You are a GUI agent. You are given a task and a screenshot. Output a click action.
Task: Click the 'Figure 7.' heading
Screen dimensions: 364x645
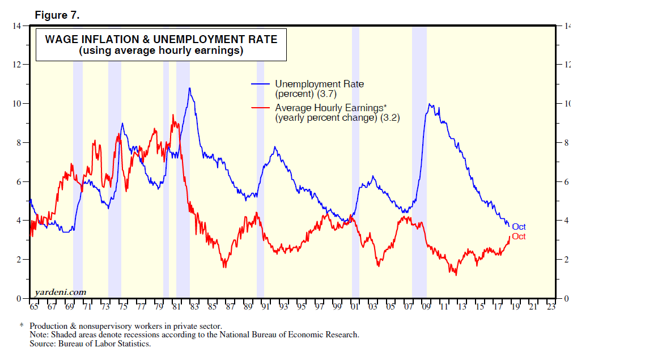[x=57, y=15]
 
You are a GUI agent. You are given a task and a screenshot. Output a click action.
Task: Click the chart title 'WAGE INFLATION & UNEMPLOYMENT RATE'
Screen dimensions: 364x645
[x=161, y=40]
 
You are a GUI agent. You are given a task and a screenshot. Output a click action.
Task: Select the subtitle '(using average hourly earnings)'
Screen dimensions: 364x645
[x=161, y=51]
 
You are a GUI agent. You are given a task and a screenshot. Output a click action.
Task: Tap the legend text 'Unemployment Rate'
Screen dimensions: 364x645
[x=319, y=84]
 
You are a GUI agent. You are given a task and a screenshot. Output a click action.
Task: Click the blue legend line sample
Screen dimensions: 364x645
[x=261, y=84]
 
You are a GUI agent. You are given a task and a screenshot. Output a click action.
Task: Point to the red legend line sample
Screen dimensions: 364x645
[x=261, y=108]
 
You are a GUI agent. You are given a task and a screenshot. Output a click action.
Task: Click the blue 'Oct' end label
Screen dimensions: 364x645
[x=519, y=227]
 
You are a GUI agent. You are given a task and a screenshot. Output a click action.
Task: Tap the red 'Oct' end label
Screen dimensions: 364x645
[x=519, y=236]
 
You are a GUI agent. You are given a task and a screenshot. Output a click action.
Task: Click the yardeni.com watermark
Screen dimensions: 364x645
[x=61, y=292]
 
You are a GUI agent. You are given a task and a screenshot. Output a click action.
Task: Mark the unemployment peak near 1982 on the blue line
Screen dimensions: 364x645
[x=189, y=88]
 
